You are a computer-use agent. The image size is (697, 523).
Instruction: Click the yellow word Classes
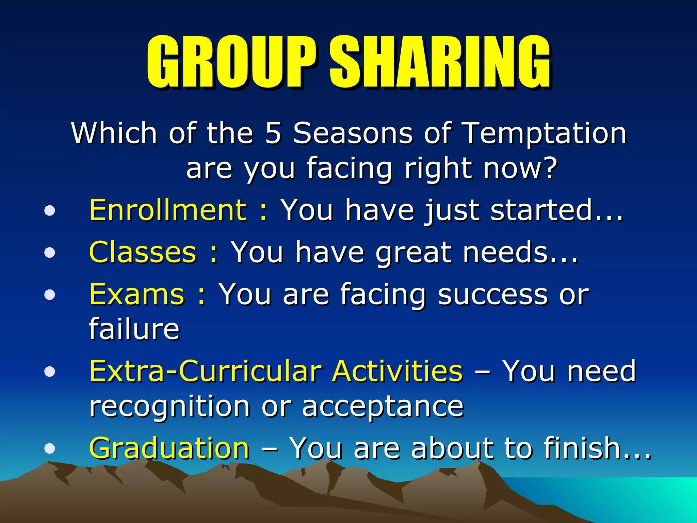(143, 252)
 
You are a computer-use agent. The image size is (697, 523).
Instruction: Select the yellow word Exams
(137, 295)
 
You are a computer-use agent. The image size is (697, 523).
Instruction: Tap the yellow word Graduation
(169, 448)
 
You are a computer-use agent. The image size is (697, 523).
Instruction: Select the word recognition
(169, 407)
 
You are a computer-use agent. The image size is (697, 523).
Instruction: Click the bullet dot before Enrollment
(50, 211)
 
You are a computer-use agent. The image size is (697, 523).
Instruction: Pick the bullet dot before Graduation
(50, 448)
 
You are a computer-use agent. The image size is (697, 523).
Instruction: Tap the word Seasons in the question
(353, 133)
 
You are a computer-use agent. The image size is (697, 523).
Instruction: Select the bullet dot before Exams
(50, 295)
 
